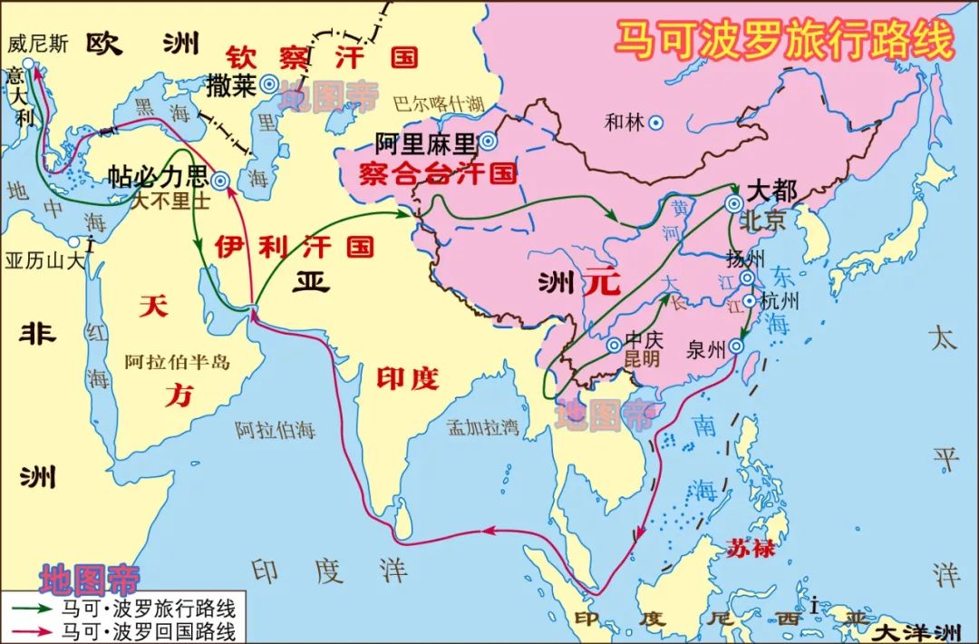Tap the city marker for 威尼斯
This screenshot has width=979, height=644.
point(28,64)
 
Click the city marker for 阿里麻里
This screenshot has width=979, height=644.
point(488,141)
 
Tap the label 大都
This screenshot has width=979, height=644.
point(771,191)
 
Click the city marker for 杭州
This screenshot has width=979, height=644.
point(750,301)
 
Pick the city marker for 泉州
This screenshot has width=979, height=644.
point(736,345)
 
